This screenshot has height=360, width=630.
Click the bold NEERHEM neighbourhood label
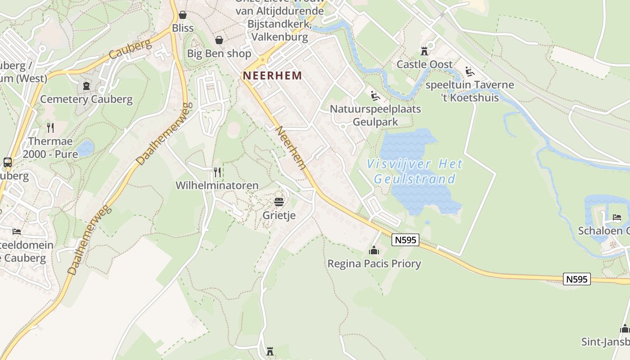[x=272, y=76]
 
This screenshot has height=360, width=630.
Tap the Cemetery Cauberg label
[x=86, y=99]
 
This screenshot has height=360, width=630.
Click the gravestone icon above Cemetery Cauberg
[x=86, y=85]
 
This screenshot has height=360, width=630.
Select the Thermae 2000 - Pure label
[x=50, y=148]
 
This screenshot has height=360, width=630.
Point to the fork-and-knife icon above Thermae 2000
[x=50, y=128]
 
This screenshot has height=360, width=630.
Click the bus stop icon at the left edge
[x=7, y=162]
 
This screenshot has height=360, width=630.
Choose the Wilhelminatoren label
[x=217, y=185]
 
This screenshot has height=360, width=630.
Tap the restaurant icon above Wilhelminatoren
[x=217, y=172]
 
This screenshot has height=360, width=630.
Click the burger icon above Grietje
[x=279, y=202]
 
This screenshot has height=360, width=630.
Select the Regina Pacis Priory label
[x=374, y=264]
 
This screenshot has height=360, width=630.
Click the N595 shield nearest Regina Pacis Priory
[x=405, y=240]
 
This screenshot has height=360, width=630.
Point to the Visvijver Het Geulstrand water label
[x=414, y=171]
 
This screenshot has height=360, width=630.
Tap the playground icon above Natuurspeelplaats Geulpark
[x=374, y=95]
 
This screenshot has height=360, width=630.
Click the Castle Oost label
[x=424, y=64]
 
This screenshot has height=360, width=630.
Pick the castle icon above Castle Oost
[x=424, y=50]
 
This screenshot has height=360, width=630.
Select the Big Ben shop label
[x=219, y=54]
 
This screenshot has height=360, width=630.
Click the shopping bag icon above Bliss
[x=183, y=15]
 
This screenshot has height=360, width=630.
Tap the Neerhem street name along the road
[x=291, y=148]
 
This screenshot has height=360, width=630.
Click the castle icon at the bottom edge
[x=270, y=351]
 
